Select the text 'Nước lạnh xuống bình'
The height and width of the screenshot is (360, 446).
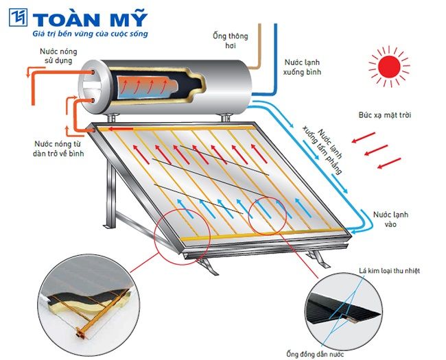[x=303, y=66]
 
